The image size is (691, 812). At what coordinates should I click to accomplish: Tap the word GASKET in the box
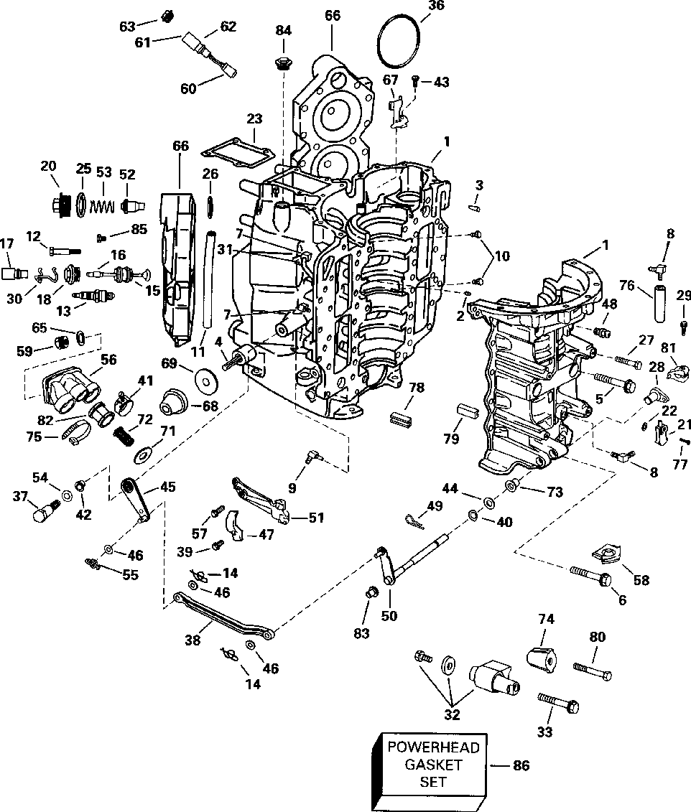(x=433, y=764)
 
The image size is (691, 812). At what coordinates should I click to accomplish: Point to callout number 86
(x=521, y=766)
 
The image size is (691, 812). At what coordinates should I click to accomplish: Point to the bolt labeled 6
(x=590, y=574)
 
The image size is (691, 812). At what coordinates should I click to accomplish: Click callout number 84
(x=284, y=30)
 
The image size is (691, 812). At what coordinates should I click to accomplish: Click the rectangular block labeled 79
(x=468, y=414)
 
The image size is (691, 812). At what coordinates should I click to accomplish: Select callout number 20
(x=48, y=166)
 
